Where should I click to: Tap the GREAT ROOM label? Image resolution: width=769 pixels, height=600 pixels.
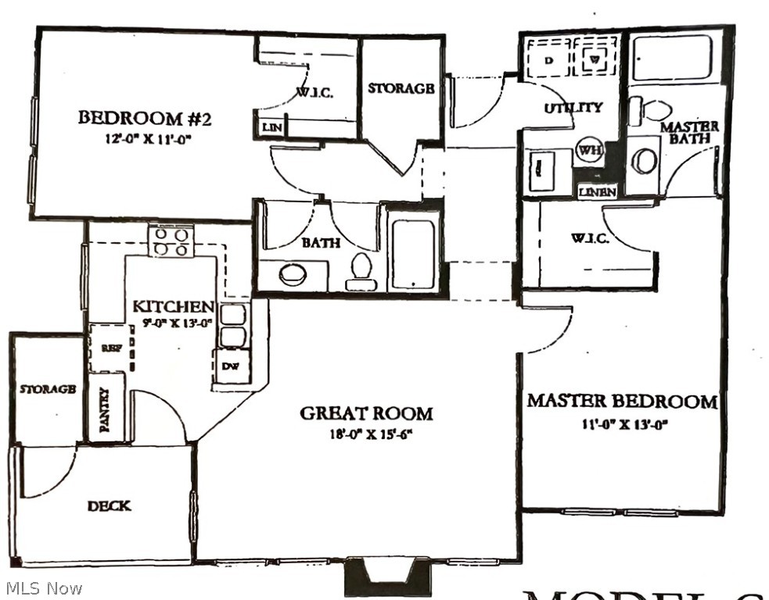pyautogui.click(x=366, y=412)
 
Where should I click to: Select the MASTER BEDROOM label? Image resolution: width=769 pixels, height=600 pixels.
pyautogui.click(x=621, y=402)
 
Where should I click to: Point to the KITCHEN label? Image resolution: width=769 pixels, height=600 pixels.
pyautogui.click(x=173, y=306)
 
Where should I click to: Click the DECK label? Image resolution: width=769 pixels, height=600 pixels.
pyautogui.click(x=109, y=505)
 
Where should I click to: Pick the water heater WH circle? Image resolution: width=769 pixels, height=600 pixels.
pyautogui.click(x=588, y=149)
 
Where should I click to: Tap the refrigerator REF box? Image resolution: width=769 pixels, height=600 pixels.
pyautogui.click(x=110, y=348)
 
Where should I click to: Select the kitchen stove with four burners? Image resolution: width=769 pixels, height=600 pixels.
pyautogui.click(x=171, y=241)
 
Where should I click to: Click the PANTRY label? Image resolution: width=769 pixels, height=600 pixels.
pyautogui.click(x=105, y=408)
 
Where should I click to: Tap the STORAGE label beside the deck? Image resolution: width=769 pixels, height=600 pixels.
pyautogui.click(x=48, y=388)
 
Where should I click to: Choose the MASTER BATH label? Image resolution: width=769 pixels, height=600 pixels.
pyautogui.click(x=689, y=132)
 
